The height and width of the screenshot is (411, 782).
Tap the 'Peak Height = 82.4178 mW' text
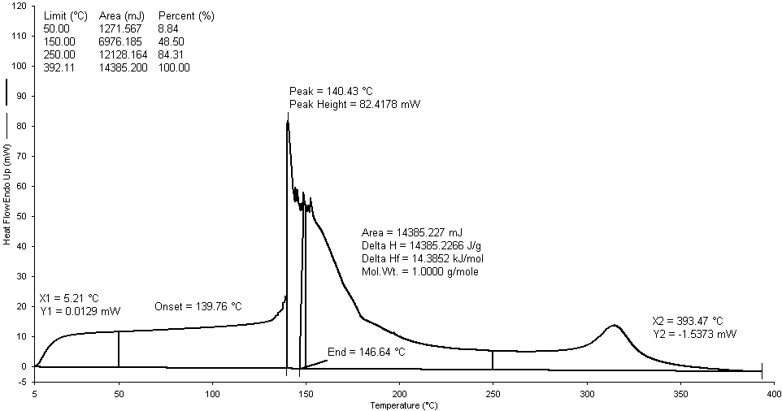coord(354,105)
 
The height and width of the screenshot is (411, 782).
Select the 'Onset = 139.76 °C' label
coord(198,306)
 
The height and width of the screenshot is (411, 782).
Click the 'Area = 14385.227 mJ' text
coord(413,233)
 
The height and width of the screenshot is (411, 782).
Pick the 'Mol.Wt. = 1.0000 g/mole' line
coord(419,272)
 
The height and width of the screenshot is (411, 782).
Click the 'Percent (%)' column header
coord(185,16)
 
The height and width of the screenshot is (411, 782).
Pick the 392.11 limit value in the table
coord(59,68)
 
